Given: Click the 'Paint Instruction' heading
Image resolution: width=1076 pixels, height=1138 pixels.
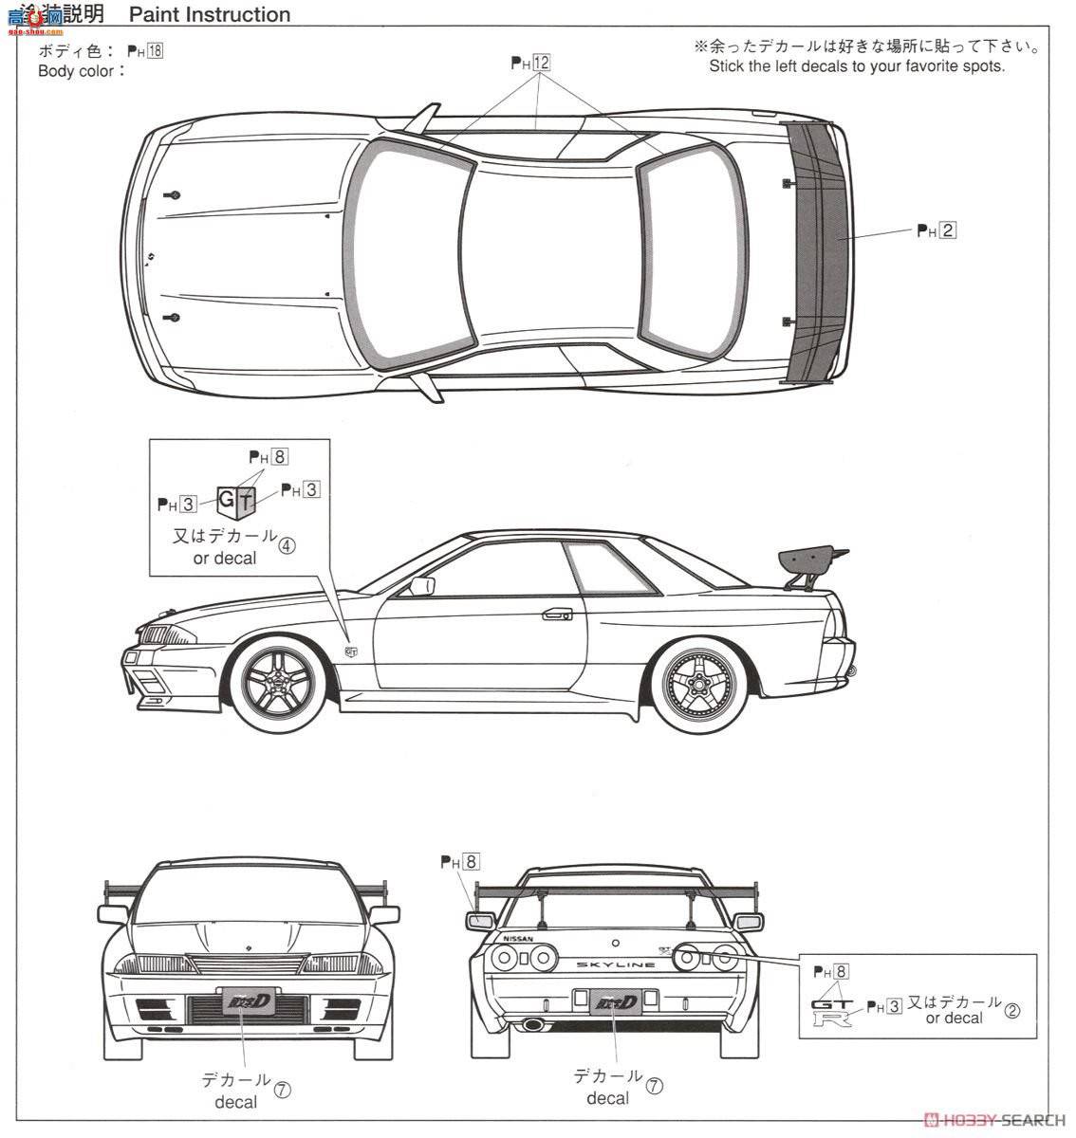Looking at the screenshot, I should click(210, 14).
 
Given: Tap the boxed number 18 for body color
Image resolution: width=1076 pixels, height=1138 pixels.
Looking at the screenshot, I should click(155, 51).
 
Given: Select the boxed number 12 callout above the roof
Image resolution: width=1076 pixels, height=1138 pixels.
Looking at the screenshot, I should click(542, 64).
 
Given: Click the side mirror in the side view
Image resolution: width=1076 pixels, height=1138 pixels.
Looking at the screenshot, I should click(421, 586).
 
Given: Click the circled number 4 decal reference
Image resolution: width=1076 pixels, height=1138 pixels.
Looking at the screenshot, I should click(288, 543).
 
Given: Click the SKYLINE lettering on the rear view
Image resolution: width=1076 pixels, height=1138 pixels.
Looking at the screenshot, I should click(616, 964).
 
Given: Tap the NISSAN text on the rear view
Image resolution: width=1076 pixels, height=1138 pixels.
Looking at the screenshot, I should click(517, 939).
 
